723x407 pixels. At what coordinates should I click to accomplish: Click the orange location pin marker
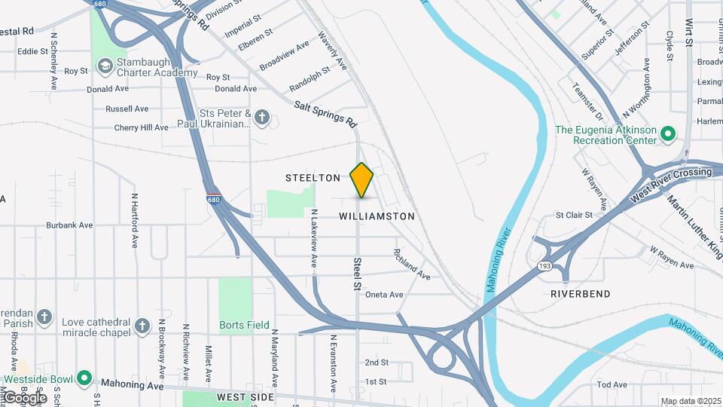click(x=361, y=179)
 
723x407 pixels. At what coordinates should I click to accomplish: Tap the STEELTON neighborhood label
click(x=313, y=178)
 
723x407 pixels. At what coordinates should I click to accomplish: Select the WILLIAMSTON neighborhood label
click(x=377, y=216)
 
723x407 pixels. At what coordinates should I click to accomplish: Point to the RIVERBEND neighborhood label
click(x=580, y=293)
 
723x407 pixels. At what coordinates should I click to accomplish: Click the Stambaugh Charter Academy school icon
click(x=105, y=67)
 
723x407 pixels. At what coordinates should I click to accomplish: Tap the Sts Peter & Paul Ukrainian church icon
click(x=262, y=117)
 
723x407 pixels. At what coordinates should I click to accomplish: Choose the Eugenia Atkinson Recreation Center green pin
click(x=667, y=135)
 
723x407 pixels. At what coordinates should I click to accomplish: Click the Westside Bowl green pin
click(x=85, y=378)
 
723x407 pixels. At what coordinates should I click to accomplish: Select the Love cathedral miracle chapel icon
click(x=142, y=326)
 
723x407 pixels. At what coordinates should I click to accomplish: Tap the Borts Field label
click(x=244, y=326)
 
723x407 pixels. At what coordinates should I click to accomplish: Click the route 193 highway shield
click(x=545, y=267)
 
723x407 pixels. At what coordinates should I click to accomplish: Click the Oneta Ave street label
click(x=384, y=295)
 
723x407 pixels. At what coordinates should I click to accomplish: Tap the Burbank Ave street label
click(x=69, y=225)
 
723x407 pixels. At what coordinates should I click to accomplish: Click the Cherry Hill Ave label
click(x=141, y=127)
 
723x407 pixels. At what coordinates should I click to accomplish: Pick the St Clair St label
click(x=574, y=215)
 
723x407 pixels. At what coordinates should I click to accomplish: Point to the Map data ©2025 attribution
click(x=691, y=401)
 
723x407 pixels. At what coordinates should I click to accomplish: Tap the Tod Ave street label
click(x=612, y=384)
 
